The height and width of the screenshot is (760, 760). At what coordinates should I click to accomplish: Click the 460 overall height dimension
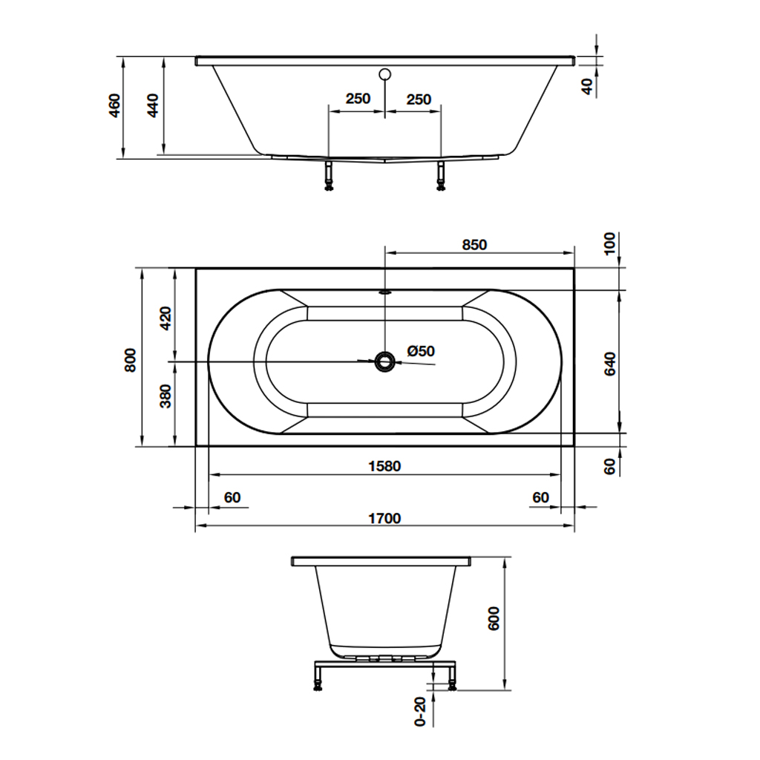click(x=114, y=106)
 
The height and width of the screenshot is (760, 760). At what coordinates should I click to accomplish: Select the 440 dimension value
click(x=153, y=106)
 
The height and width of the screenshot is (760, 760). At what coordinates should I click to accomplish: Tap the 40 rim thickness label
click(x=587, y=86)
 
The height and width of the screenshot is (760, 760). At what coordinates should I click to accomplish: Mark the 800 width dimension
click(x=131, y=360)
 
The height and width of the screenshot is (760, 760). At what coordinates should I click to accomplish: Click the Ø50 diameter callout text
click(x=421, y=351)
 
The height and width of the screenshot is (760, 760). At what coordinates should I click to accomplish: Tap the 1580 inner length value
click(x=384, y=466)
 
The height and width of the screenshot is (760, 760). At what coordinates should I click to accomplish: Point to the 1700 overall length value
click(x=384, y=518)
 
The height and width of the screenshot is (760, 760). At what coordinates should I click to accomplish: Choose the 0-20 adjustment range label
click(x=421, y=712)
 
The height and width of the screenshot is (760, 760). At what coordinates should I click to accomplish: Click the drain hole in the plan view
click(x=384, y=361)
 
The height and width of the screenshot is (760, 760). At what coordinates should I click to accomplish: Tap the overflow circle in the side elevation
click(x=384, y=74)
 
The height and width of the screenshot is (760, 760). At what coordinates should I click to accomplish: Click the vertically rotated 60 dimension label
click(x=610, y=467)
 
